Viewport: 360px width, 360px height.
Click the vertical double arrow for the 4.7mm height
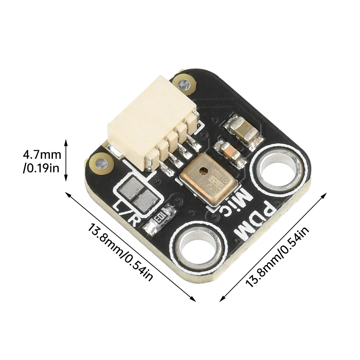click(x=66, y=161)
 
